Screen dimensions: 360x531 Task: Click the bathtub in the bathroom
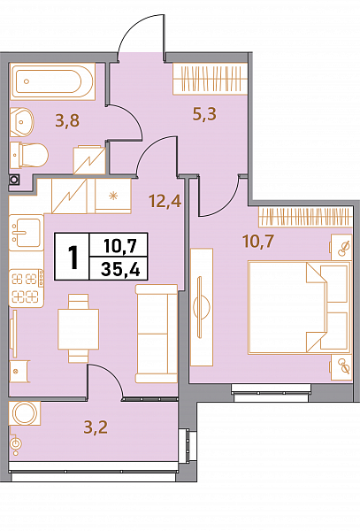click(x=52, y=81)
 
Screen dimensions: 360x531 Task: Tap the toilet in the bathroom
click(x=29, y=155)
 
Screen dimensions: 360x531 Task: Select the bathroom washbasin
click(x=22, y=122)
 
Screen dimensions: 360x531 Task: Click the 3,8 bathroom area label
click(x=67, y=120)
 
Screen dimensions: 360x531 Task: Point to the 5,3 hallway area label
click(x=204, y=114)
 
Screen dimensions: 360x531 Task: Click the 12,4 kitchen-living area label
click(x=165, y=201)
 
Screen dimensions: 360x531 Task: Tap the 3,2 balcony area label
click(x=96, y=427)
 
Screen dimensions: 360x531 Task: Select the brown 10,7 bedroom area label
click(x=257, y=241)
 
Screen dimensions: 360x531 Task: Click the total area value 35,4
click(x=120, y=270)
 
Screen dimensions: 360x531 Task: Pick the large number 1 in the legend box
click(x=73, y=257)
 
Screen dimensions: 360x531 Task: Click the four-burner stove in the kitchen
click(x=27, y=288)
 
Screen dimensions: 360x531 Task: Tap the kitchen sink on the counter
click(x=27, y=232)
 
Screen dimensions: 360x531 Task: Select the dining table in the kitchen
click(x=78, y=329)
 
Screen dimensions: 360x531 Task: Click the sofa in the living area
click(x=157, y=334)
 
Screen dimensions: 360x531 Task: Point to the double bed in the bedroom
click(x=299, y=307)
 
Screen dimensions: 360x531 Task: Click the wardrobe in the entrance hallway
click(x=211, y=79)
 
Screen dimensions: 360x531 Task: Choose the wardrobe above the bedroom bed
click(x=305, y=217)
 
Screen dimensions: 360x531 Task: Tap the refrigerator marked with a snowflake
click(x=113, y=196)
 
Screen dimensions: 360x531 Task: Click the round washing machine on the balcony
click(x=25, y=413)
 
